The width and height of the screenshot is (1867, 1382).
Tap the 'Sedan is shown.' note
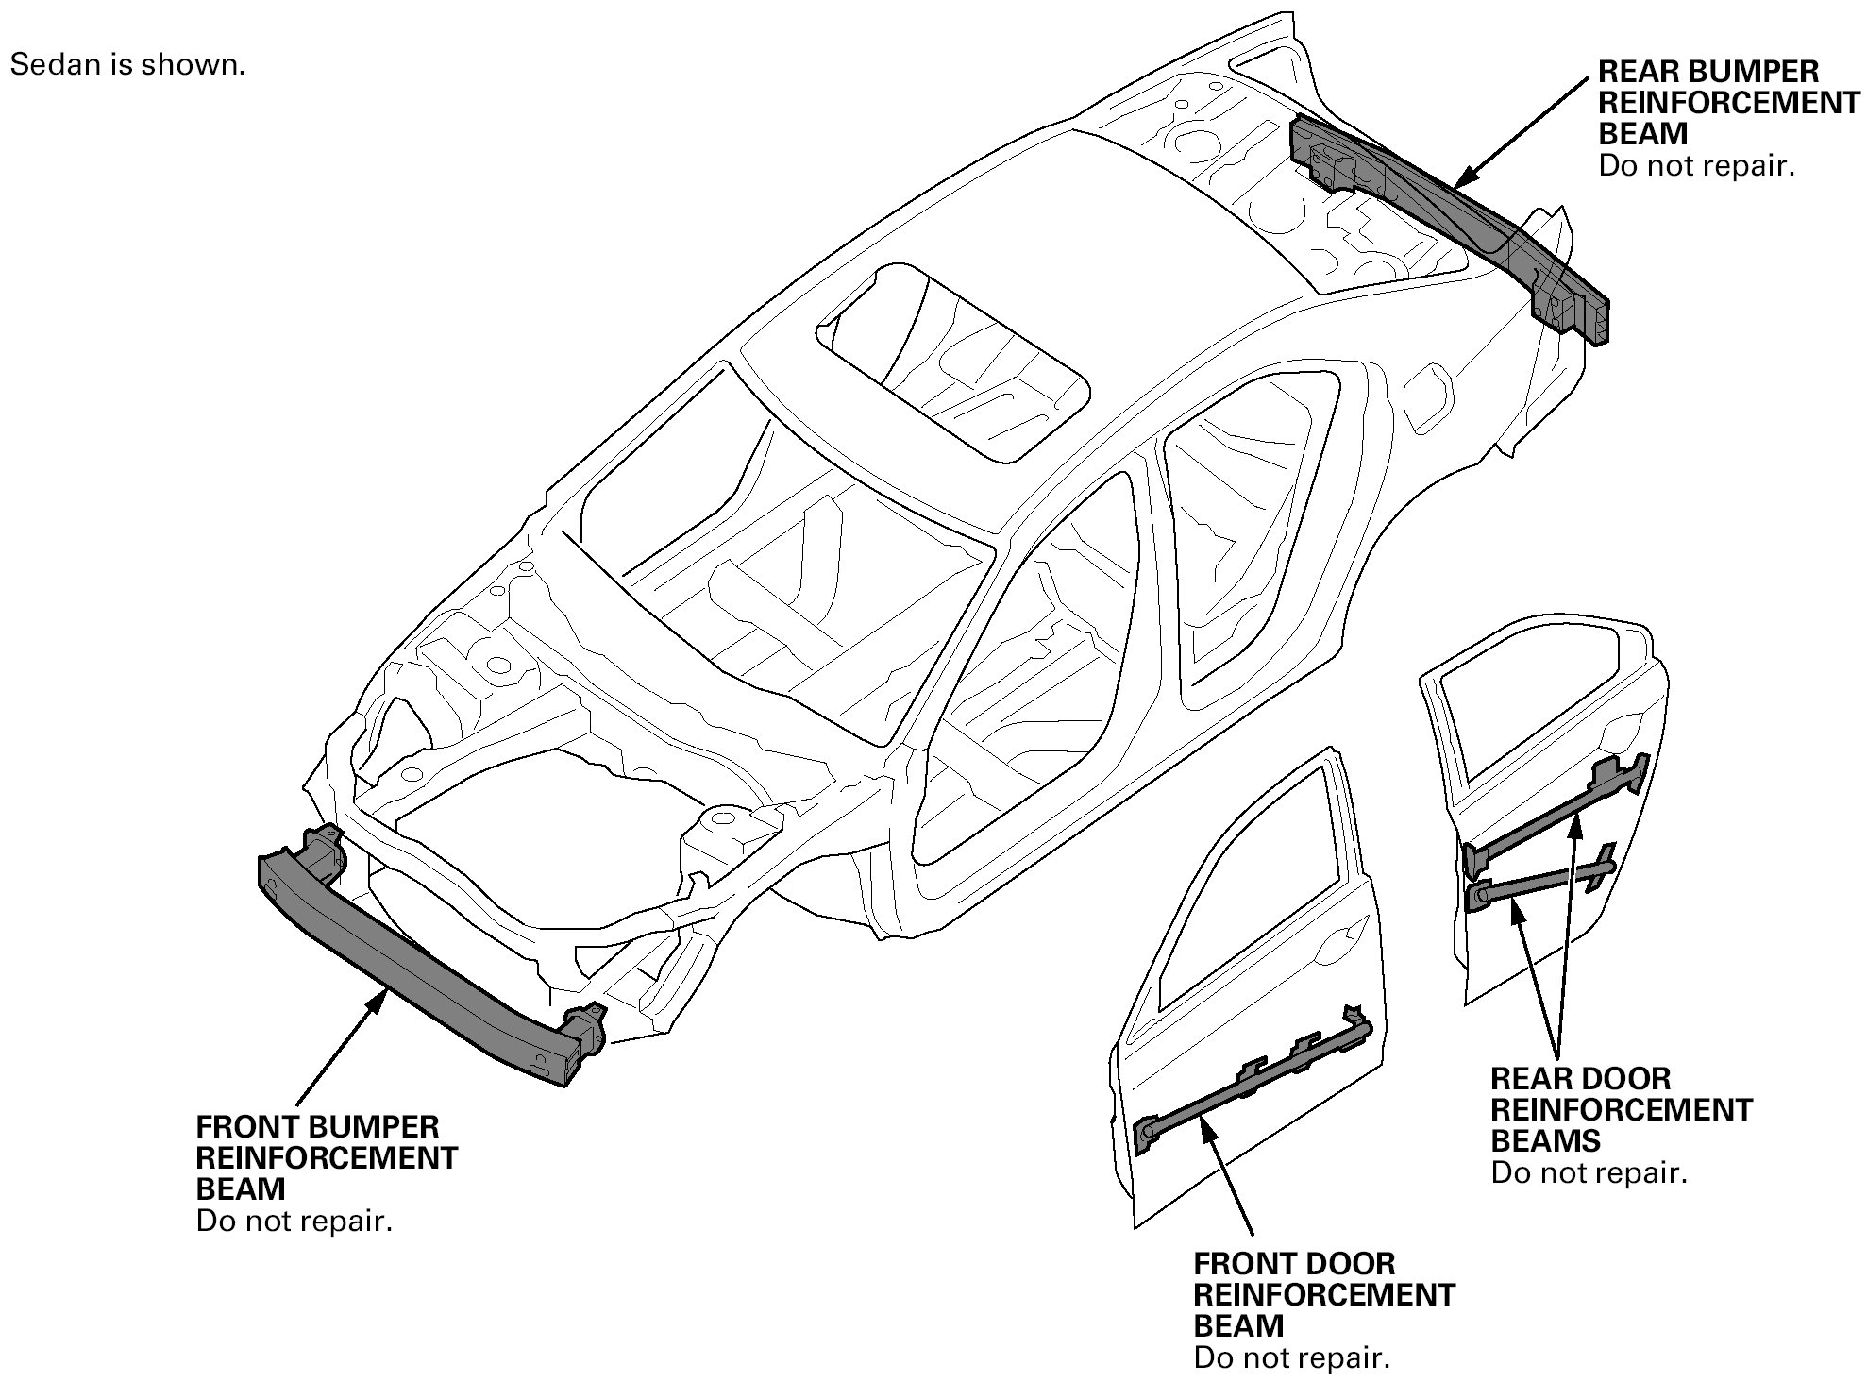point(127,65)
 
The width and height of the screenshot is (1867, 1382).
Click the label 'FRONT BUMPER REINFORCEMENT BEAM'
point(326,1157)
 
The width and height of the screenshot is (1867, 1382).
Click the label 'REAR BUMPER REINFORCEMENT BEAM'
point(1728,102)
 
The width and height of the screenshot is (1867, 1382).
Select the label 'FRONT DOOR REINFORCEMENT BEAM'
point(1323,1294)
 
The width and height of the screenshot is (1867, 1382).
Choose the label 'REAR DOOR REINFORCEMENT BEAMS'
point(1621,1109)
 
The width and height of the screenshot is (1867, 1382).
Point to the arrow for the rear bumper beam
point(1520,132)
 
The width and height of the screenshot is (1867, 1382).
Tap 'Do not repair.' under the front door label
point(1291,1358)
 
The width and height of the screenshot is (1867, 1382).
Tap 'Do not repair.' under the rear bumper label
point(1696,166)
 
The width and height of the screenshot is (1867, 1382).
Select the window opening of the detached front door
point(1246,897)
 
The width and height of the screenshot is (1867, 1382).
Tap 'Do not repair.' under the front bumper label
point(294,1221)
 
